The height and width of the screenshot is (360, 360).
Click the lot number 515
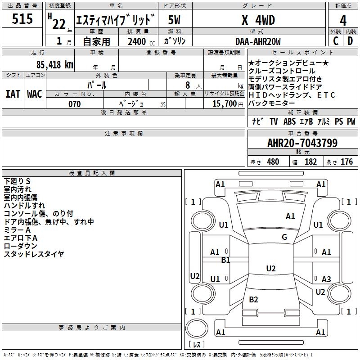22,19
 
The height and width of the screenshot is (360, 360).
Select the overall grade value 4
343,20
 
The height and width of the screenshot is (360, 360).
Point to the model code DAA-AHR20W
258,41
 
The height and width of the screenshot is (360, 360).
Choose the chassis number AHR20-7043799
302,143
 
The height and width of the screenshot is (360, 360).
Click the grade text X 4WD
258,20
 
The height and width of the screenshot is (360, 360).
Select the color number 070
74,104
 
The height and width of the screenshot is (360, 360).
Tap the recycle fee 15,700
224,104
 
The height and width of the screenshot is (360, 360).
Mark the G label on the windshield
284,237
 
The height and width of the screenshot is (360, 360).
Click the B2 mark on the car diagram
253,300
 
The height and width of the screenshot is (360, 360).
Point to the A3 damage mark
326,279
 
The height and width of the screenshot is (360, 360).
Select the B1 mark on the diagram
225,260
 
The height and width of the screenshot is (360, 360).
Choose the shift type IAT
13,94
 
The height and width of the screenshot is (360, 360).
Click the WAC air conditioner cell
35,94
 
